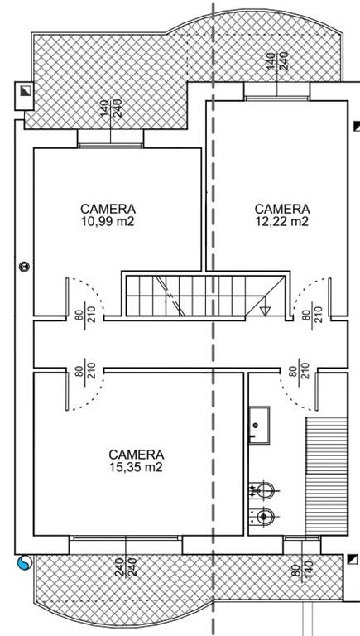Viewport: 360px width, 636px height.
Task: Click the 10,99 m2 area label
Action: coord(108,221)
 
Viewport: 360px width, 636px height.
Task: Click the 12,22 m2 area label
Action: coord(282,221)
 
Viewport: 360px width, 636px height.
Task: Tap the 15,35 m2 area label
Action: coord(137,467)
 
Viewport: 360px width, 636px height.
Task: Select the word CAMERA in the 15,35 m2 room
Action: coord(137,455)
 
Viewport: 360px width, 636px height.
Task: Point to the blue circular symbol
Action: coord(24,563)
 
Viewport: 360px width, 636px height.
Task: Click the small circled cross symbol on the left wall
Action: coord(25,267)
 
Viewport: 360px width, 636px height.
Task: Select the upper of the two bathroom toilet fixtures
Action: coord(262,490)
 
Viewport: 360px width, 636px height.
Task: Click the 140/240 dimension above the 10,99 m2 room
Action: coord(111,109)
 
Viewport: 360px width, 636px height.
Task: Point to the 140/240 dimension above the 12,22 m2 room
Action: coord(278,61)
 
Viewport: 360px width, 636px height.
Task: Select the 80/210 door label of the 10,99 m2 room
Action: coord(84,311)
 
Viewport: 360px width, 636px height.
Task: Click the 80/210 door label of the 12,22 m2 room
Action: coord(312,311)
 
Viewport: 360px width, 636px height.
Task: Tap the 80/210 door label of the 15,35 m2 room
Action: coord(84,370)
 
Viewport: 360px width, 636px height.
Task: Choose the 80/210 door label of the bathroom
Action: coord(299,369)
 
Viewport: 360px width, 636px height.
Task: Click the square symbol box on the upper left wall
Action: coord(24,95)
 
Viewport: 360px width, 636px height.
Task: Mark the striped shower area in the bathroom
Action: coord(326,476)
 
